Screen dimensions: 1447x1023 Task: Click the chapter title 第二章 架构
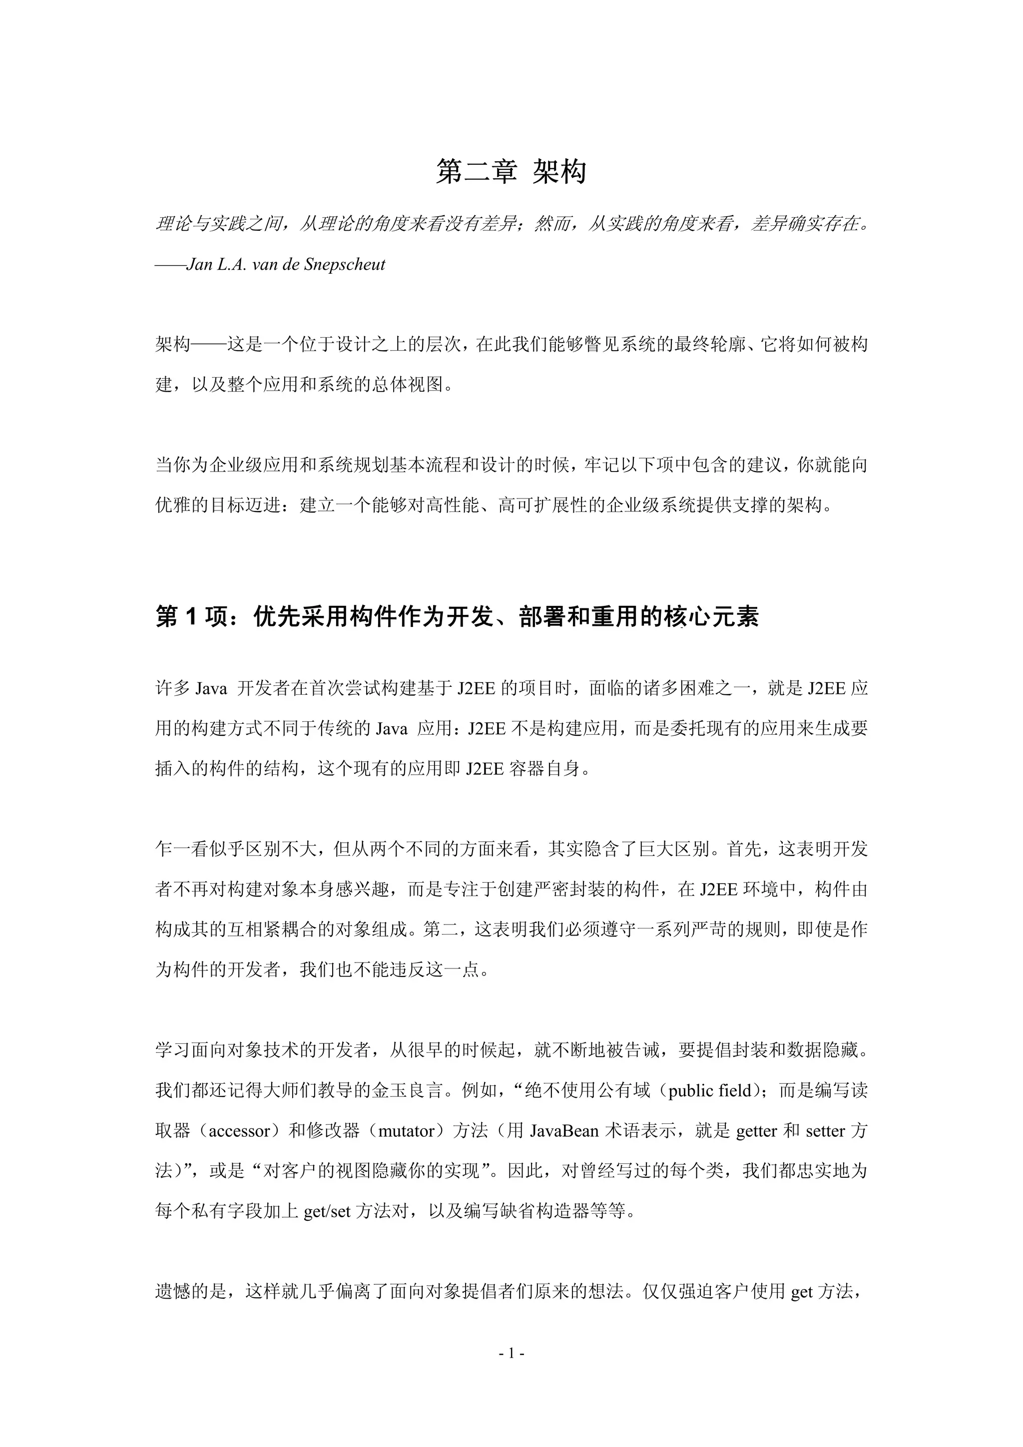click(511, 171)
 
